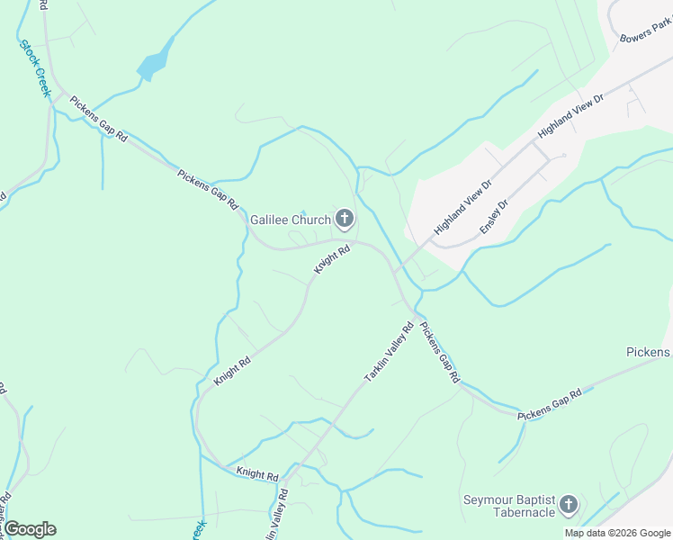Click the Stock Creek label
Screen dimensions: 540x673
tap(33, 64)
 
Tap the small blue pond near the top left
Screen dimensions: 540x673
tap(154, 61)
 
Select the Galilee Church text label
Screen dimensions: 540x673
tap(290, 219)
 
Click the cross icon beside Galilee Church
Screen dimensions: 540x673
tap(344, 218)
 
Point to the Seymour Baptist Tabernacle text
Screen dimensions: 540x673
tap(508, 506)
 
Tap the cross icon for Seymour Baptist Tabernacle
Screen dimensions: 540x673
tap(568, 505)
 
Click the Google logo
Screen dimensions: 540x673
tap(31, 529)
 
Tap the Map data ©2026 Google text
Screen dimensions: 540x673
tap(616, 533)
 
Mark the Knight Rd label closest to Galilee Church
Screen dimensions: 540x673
tap(331, 260)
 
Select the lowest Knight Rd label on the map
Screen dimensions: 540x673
tap(257, 472)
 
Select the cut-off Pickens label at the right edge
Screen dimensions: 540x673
tap(649, 352)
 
